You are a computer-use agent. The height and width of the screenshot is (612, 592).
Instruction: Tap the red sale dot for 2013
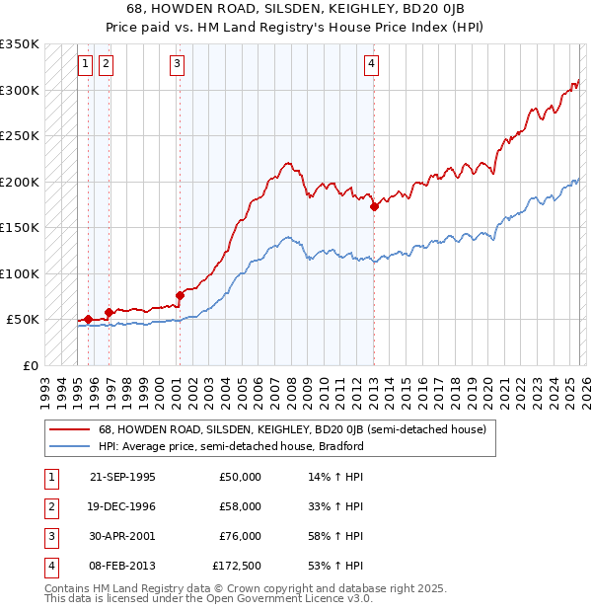pos(375,207)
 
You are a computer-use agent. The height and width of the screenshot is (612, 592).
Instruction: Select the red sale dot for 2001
pos(180,295)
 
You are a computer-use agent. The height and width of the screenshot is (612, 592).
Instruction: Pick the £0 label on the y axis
pos(29,365)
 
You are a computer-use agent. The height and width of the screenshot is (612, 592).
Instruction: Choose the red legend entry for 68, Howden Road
pos(292,429)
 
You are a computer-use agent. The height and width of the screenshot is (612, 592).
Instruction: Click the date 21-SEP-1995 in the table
pos(122,477)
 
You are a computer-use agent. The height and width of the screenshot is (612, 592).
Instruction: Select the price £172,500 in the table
pos(237,566)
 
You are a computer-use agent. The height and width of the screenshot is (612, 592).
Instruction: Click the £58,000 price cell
pos(240,506)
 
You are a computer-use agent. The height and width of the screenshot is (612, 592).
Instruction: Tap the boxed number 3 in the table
pos(50,536)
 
